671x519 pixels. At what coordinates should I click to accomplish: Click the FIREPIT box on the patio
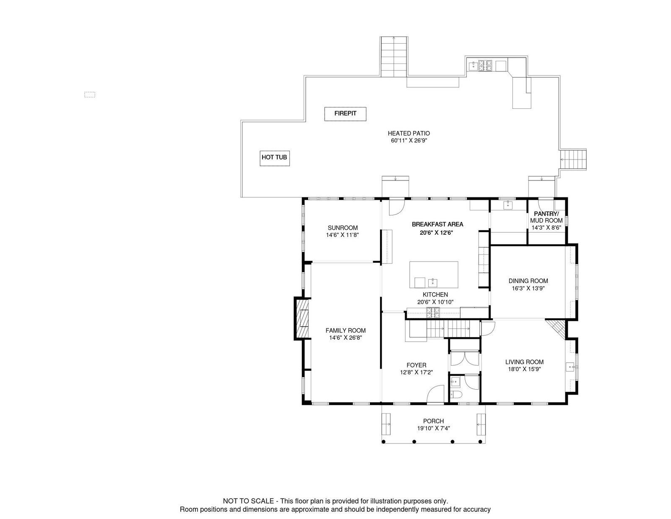pos(345,114)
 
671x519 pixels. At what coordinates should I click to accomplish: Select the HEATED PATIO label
pos(409,133)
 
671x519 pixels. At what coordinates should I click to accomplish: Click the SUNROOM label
pos(343,228)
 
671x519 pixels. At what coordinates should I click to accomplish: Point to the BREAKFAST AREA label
pos(437,224)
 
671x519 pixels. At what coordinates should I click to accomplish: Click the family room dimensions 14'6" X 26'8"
pos(346,338)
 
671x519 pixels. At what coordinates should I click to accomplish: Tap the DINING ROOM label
pos(528,280)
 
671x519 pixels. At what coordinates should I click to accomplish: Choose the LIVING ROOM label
pos(525,362)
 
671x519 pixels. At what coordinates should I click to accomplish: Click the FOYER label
pos(416,365)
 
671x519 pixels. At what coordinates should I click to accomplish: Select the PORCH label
pos(434,421)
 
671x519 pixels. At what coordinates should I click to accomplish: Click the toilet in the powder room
pos(456,394)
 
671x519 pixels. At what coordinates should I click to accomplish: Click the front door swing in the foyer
pos(435,393)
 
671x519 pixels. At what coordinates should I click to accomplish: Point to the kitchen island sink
pos(433,282)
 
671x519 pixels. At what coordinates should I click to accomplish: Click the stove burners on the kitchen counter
pos(433,312)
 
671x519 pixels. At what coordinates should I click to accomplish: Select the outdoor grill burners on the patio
pos(485,66)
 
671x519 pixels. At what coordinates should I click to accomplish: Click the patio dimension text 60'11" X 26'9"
pos(409,141)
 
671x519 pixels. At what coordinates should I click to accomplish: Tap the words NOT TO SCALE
pos(248,501)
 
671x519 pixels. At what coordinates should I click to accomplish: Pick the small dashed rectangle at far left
pos(90,94)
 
